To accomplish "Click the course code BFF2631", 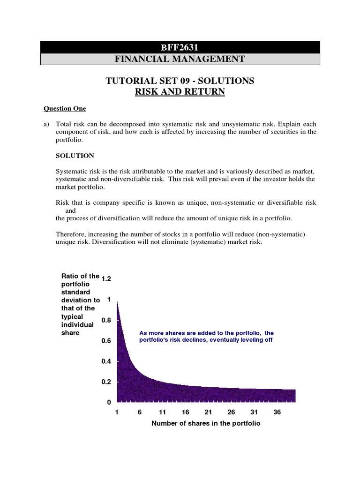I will point(180,47).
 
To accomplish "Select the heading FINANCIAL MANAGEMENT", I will point(180,59).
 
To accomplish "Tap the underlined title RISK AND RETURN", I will point(180,92).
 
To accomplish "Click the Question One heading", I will point(65,109).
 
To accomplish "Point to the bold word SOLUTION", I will point(75,156).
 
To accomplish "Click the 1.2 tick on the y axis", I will point(106,279).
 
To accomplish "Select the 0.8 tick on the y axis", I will point(106,320).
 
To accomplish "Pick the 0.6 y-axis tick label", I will point(106,341).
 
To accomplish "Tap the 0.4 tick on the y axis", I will point(106,361).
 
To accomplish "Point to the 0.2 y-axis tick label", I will point(106,382).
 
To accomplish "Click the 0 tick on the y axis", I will point(109,403).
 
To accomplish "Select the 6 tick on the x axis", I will point(140,412).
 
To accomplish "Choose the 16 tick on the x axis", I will point(186,412).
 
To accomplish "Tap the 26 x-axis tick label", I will point(231,412).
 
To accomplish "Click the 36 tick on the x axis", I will point(277,412).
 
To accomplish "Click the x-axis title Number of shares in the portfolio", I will point(206,423).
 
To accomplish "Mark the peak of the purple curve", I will point(117,301).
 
